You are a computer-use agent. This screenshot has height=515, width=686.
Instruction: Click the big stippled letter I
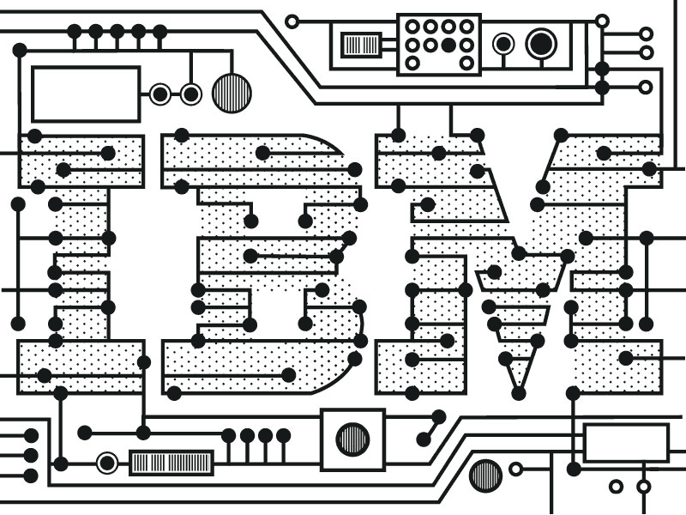tap(81, 257)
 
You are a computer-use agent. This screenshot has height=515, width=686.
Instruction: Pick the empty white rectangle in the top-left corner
tap(86, 94)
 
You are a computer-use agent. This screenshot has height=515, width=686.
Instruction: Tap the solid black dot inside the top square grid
tap(448, 44)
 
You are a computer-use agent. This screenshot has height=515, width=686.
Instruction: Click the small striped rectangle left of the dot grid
tap(361, 44)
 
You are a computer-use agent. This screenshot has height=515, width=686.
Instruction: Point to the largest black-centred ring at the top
tap(541, 42)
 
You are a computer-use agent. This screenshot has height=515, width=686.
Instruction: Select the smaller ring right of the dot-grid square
tap(503, 42)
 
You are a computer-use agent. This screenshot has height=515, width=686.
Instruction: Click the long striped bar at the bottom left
tap(171, 463)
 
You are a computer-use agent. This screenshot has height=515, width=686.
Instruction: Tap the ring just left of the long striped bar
tap(107, 463)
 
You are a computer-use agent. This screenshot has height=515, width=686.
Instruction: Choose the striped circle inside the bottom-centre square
tap(352, 439)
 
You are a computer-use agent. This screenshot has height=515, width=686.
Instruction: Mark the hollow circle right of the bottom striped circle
tap(515, 469)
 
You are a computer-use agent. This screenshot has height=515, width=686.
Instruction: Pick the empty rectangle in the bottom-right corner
tap(625, 443)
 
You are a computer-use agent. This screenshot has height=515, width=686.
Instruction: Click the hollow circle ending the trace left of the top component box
tap(292, 21)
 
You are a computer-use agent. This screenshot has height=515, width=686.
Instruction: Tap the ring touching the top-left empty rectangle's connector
tap(160, 94)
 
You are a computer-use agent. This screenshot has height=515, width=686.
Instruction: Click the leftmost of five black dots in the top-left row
tap(75, 32)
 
